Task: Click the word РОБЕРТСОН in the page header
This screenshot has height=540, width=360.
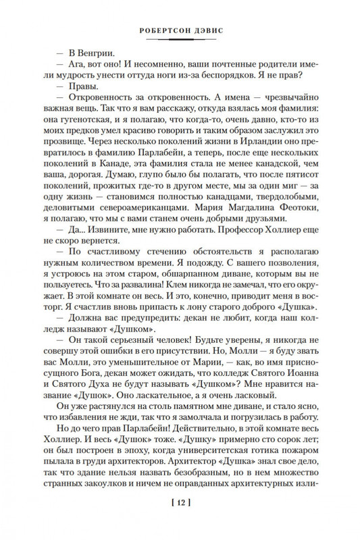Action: click(159, 30)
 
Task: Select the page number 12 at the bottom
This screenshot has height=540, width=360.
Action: click(179, 520)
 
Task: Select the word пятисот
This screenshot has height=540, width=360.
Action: click(297, 196)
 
